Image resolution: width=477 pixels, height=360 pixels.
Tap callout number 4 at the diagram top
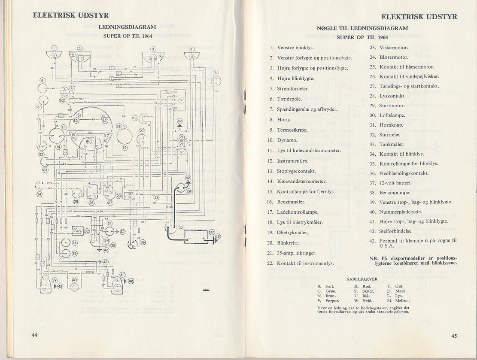click(191, 49)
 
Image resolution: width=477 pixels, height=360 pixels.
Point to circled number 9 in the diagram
click(39, 108)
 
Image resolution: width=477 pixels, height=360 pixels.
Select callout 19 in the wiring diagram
click(125, 148)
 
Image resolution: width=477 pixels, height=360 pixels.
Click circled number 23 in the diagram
click(46, 170)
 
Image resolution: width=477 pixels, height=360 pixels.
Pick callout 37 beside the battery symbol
click(212, 232)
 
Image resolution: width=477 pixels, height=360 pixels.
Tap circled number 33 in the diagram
click(74, 242)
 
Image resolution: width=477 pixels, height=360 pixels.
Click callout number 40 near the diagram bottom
click(74, 280)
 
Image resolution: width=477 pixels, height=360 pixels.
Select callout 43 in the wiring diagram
click(156, 198)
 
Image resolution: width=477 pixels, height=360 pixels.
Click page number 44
click(35, 335)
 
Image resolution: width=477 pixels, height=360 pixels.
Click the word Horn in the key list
click(284, 120)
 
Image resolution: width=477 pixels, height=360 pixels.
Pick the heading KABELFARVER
click(362, 279)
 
